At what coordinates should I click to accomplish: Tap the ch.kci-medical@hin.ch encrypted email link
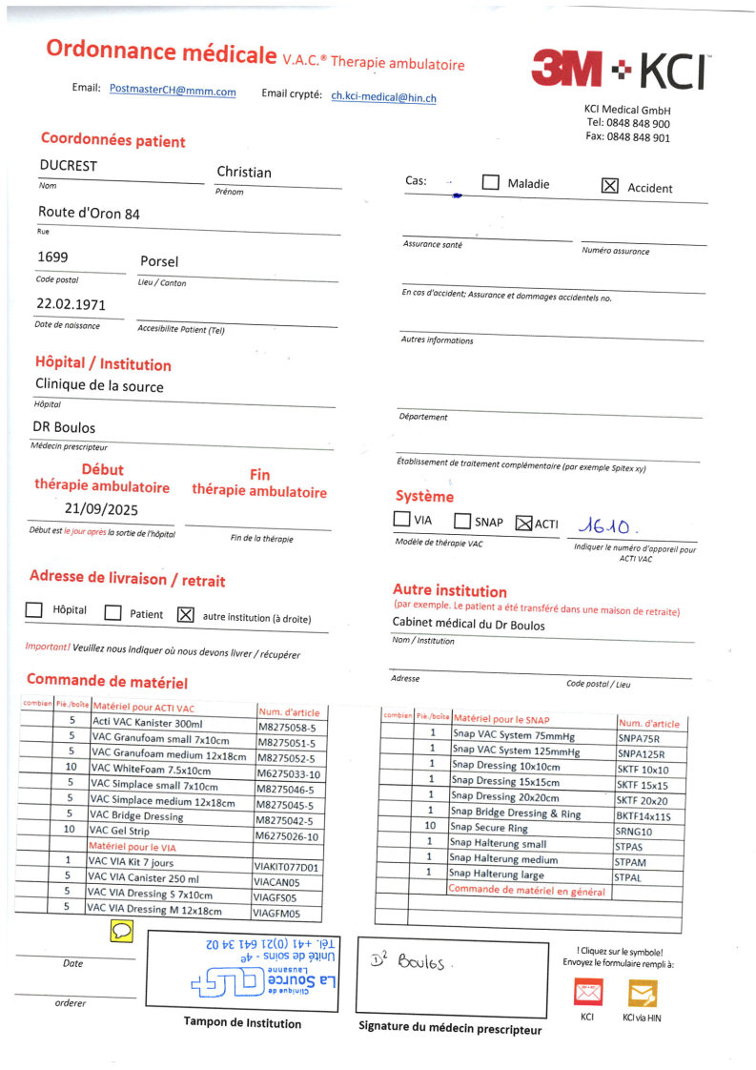click(383, 96)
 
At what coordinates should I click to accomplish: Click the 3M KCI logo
click(620, 70)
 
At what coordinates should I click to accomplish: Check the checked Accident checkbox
click(610, 186)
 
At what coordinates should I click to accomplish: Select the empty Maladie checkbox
click(491, 183)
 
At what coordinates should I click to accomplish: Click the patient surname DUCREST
click(68, 166)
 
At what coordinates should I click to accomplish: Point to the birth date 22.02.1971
click(71, 305)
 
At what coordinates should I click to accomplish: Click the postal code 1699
click(53, 258)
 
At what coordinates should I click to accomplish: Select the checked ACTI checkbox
click(523, 523)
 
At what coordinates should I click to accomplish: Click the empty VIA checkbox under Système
click(401, 521)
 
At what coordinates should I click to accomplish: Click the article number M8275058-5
click(287, 727)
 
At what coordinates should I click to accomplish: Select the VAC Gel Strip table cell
click(118, 830)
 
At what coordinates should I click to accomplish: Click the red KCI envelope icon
click(587, 993)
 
